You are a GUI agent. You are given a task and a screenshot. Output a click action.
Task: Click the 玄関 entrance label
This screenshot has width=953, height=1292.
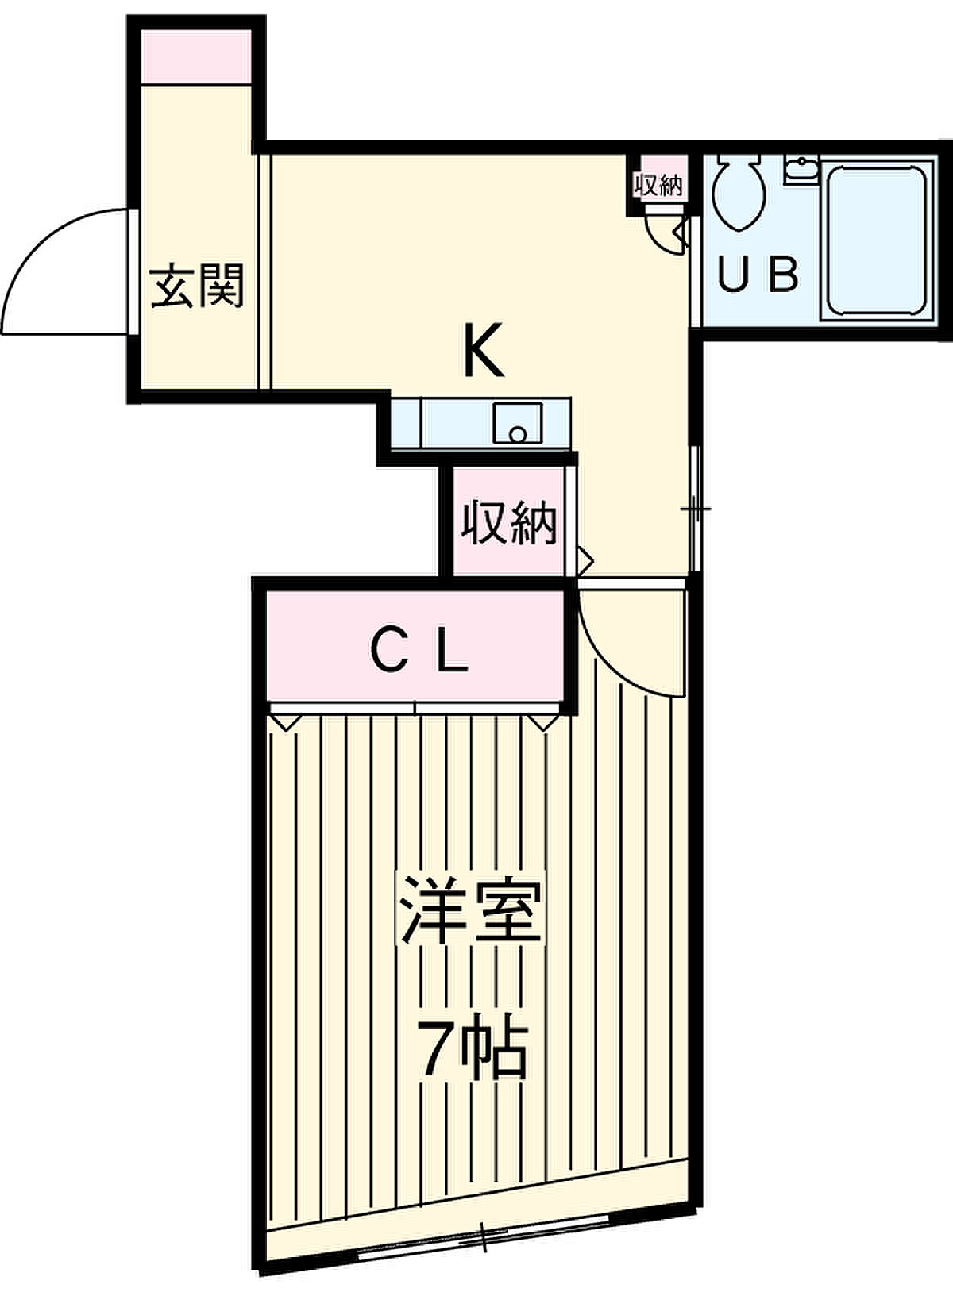[198, 286]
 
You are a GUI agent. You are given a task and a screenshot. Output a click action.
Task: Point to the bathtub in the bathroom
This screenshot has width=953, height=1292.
[877, 242]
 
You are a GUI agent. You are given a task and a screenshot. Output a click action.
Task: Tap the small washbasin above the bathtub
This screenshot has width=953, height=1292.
[801, 170]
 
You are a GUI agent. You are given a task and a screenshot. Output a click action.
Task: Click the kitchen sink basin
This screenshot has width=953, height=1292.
[518, 423]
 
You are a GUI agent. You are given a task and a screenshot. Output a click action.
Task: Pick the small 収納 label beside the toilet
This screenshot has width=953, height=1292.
[658, 185]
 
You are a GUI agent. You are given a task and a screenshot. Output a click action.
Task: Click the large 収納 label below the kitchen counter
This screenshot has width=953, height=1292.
[508, 522]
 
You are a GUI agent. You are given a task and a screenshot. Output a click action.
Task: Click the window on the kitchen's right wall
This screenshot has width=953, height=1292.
[696, 509]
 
